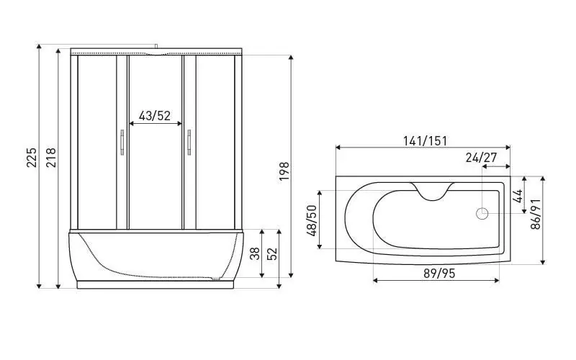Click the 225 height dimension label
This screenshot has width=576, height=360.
coord(32,157)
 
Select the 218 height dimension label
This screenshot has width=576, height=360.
coord(50,157)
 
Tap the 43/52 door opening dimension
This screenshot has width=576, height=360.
coord(155,116)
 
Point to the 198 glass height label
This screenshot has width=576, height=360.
coord(284,171)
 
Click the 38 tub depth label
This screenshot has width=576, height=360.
coord(255,253)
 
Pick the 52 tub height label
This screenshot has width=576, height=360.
coord(272,253)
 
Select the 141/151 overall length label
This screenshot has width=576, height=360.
coord(425,140)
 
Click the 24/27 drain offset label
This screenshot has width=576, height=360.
coord(481,157)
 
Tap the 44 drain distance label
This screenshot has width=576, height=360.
coord(517,196)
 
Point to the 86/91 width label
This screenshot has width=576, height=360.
coord(536,214)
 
